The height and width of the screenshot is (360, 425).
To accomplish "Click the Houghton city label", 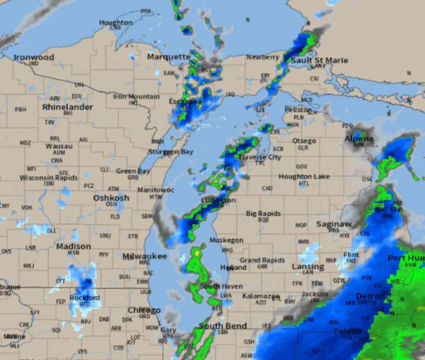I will pyautogui.click(x=116, y=22).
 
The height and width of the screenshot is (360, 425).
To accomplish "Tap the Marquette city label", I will pyautogui.click(x=168, y=57).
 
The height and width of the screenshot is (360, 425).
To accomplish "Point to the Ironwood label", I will pyautogui.click(x=34, y=57).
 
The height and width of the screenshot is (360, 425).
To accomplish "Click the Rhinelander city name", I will pyautogui.click(x=68, y=107).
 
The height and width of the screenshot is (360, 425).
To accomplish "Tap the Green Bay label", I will pyautogui.click(x=133, y=171).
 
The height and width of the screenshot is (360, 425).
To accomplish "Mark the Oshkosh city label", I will pyautogui.click(x=111, y=198).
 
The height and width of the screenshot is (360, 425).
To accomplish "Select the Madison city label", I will pyautogui.click(x=74, y=246).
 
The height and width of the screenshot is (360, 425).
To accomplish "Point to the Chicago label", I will pyautogui.click(x=144, y=310).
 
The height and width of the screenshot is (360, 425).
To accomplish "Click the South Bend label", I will pyautogui.click(x=222, y=326).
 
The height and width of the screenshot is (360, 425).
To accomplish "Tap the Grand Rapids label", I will pyautogui.click(x=259, y=260).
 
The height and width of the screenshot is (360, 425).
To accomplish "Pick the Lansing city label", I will pyautogui.click(x=308, y=267).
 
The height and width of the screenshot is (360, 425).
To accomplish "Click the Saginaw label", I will pyautogui.click(x=334, y=225).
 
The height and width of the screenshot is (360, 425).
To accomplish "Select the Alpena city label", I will pyautogui.click(x=359, y=139).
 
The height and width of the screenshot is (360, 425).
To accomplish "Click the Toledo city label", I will pyautogui.click(x=348, y=332).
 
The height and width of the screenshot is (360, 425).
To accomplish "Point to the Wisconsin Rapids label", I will pyautogui.click(x=48, y=177).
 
